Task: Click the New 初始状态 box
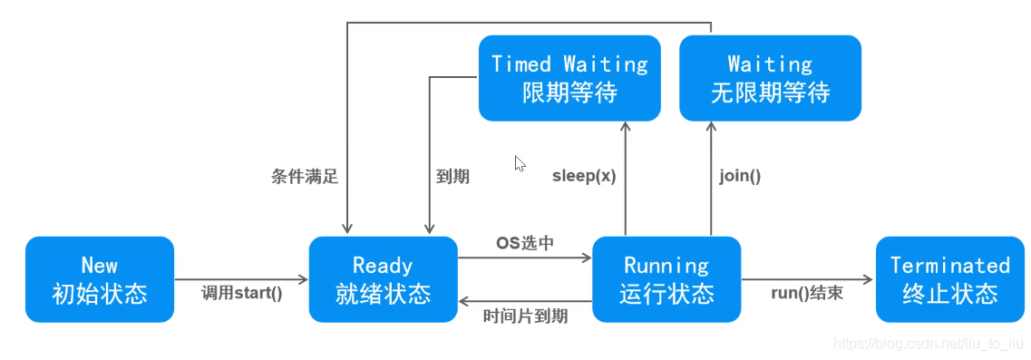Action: click(x=100, y=279)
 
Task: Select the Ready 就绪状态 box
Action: click(x=383, y=279)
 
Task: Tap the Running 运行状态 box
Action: click(x=666, y=279)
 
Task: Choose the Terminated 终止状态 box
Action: click(x=949, y=279)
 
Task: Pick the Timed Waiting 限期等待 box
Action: click(x=569, y=78)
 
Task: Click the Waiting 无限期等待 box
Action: click(x=770, y=78)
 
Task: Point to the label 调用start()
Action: click(x=241, y=293)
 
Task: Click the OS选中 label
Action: click(x=524, y=243)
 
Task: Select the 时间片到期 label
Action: click(x=525, y=316)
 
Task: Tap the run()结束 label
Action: click(x=807, y=293)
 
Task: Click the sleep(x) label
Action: click(x=584, y=176)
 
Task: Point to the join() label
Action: click(x=740, y=176)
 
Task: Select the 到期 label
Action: click(x=452, y=176)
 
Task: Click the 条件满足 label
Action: click(x=305, y=176)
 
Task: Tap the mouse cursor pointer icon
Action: click(x=520, y=163)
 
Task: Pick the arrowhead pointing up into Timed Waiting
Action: click(x=626, y=128)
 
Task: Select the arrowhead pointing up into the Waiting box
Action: click(x=711, y=128)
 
